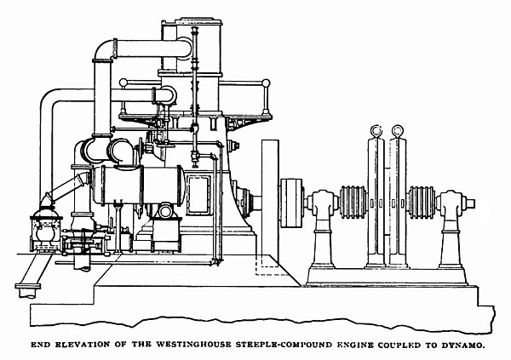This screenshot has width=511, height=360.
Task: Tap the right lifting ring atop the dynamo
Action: click(396, 131)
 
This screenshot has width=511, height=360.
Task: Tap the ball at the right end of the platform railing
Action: click(266, 83)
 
